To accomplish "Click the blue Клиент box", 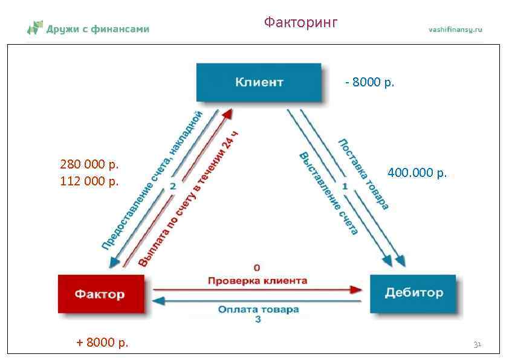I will [x=259, y=83].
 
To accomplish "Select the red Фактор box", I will [x=100, y=295].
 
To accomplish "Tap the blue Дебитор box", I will [x=414, y=294].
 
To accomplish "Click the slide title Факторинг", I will [x=300, y=23].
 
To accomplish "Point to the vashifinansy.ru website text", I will [x=455, y=30].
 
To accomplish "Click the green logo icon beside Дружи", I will [x=35, y=27].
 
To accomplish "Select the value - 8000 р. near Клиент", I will [x=369, y=82].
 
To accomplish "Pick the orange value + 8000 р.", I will [x=102, y=343].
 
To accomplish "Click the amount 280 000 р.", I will [x=89, y=164].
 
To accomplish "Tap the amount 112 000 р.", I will [x=89, y=181].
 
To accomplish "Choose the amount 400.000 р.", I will [x=417, y=173].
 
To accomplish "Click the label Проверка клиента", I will [x=258, y=281].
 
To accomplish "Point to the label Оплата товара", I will [x=258, y=309].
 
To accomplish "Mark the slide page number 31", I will [x=477, y=344].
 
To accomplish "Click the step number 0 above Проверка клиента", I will [x=257, y=267].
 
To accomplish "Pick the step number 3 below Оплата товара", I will [x=258, y=319].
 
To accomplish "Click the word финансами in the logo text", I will [x=120, y=28].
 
